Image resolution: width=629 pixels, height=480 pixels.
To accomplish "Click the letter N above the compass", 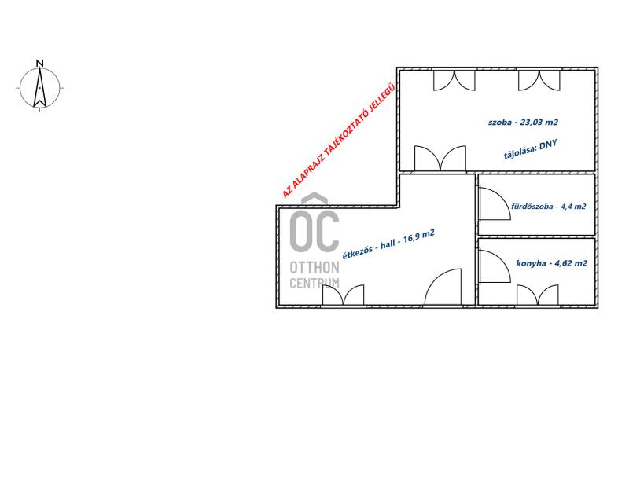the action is pos(40,64).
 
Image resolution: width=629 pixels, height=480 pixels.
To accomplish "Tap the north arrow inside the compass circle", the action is pos(40,88).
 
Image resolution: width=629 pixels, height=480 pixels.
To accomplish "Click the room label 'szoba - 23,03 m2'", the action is pos(523,123).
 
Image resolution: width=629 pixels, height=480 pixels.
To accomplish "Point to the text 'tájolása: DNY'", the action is pos(530,149).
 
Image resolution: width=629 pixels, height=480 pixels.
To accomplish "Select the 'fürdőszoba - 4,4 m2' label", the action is pos(548,207).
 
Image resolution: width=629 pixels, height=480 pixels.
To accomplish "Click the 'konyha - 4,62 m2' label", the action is pos(552,263).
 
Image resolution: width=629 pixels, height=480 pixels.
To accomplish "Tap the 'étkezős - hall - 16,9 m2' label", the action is pos(388,244).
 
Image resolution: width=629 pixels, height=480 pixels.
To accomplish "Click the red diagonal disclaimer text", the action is pos(339,140).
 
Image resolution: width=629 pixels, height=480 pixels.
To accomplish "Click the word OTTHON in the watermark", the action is pos(314,267).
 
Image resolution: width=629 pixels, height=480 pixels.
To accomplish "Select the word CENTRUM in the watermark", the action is pos(314,283).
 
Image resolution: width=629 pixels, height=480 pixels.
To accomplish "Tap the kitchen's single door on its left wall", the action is pos(495,266).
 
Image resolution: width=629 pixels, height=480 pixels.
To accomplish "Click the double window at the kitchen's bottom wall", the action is pos(538,295).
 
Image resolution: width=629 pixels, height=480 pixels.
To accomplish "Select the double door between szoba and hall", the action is pos(440,159).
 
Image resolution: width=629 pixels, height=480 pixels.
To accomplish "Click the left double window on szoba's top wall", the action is pos(454,80).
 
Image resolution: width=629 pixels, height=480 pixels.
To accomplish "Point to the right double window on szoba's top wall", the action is pos(539,80).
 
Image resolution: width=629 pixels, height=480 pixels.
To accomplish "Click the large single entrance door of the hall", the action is pos(443,287).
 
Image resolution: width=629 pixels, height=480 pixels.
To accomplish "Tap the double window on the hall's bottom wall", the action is pos(344,295).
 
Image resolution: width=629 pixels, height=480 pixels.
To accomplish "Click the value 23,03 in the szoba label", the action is pos(531,123).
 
